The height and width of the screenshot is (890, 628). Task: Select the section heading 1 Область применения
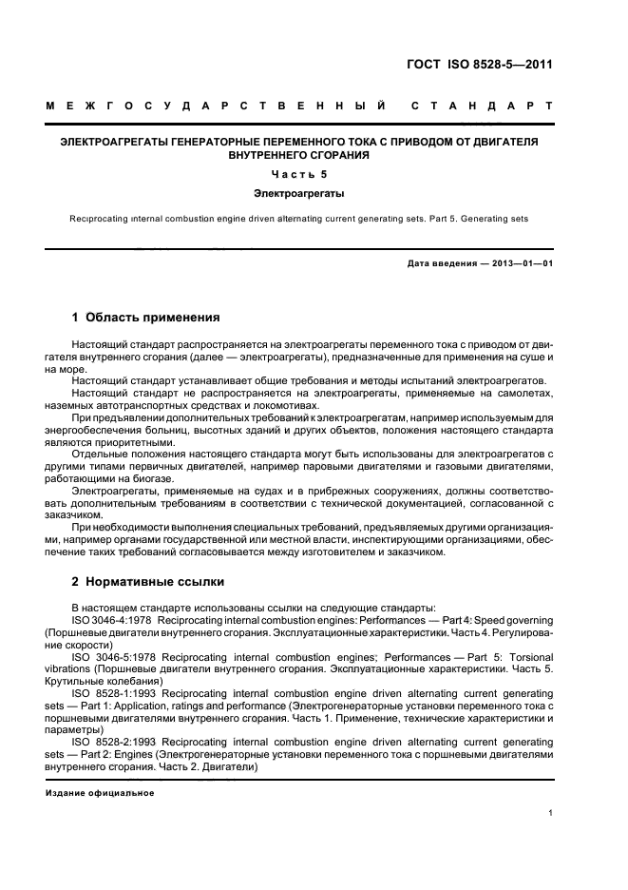pos(146,317)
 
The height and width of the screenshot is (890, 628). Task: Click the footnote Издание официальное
pos(99,793)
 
